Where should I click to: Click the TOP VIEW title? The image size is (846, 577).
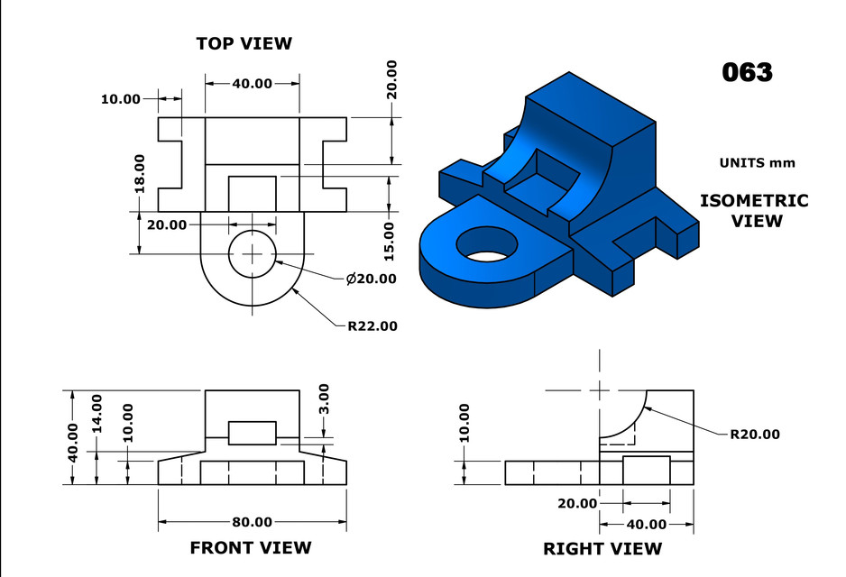(x=244, y=43)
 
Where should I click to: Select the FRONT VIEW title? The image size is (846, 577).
(x=250, y=547)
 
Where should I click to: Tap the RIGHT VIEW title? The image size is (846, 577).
(x=602, y=548)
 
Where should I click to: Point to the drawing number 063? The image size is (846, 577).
(x=747, y=72)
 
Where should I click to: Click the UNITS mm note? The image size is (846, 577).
(x=757, y=163)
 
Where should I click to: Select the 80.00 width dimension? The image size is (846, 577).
(x=252, y=522)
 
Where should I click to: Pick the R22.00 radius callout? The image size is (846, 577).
(x=372, y=325)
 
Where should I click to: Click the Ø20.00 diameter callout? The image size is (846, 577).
(x=371, y=279)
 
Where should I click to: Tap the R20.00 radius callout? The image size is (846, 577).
(x=755, y=434)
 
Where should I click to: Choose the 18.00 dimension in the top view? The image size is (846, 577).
(x=140, y=173)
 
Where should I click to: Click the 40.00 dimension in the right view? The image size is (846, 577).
(x=646, y=524)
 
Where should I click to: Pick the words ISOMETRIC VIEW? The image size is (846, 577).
(x=754, y=210)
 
